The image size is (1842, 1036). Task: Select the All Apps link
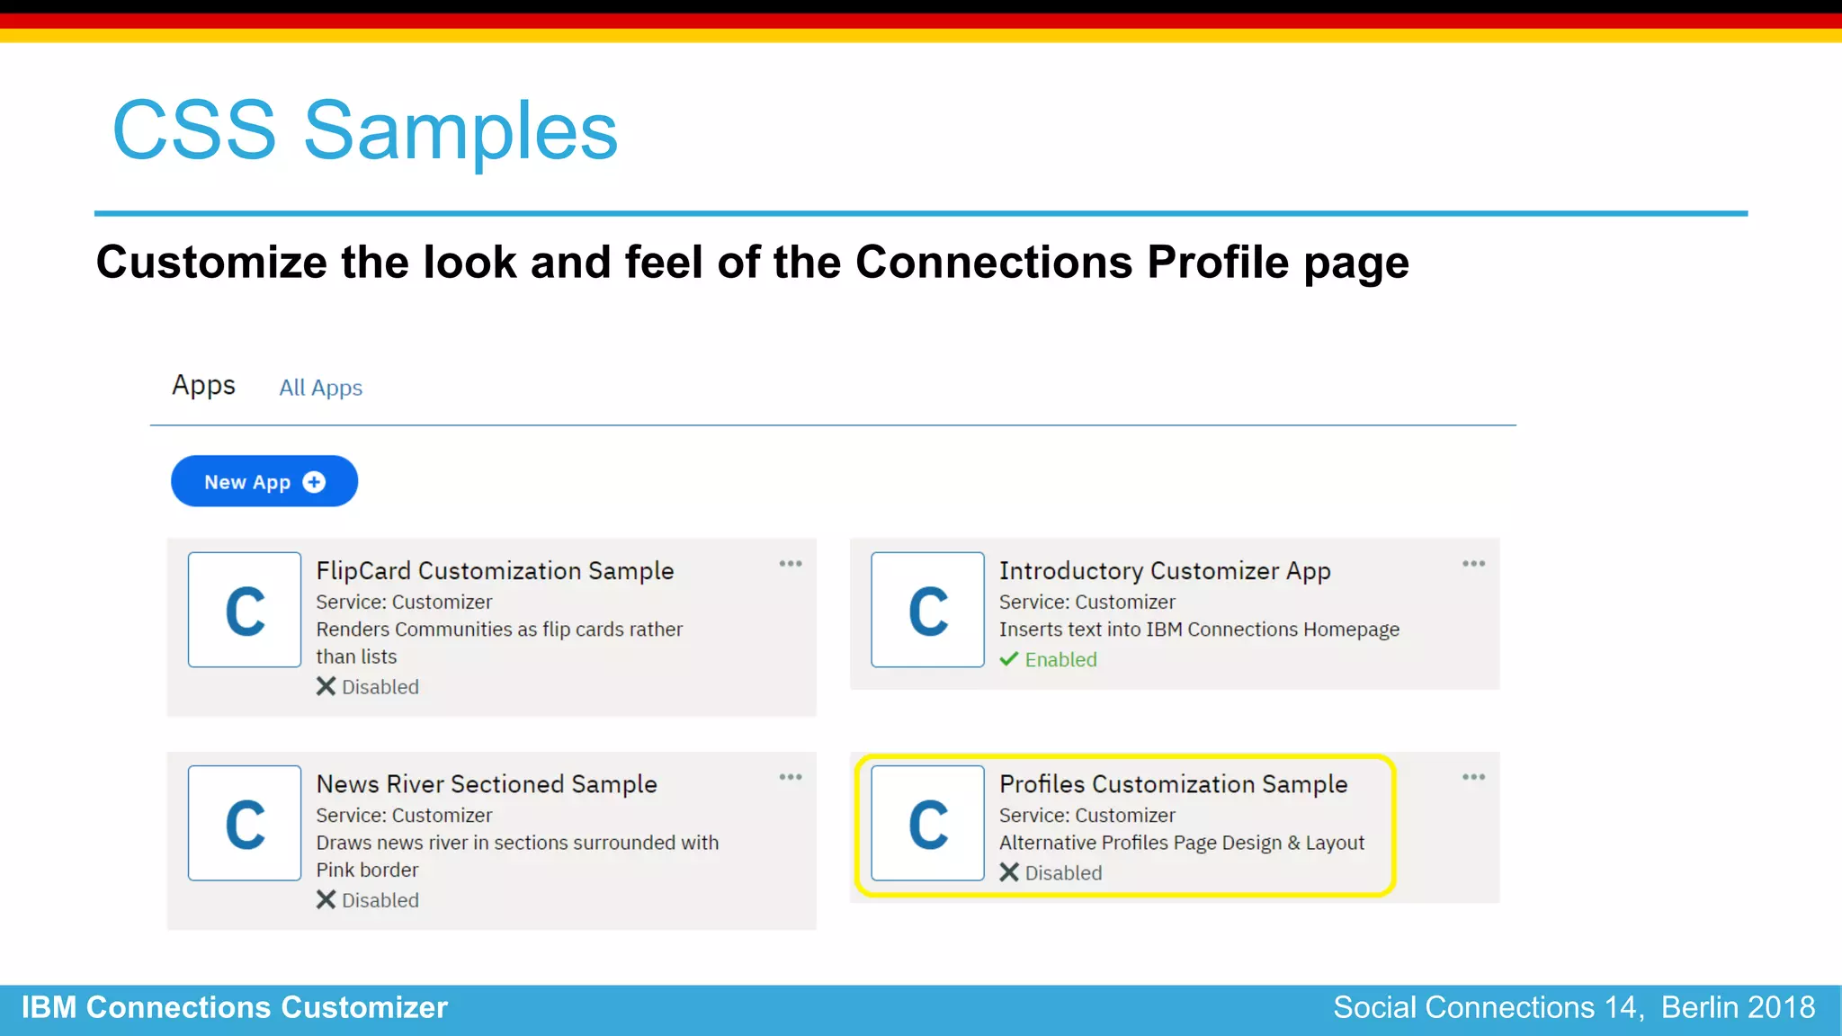(320, 388)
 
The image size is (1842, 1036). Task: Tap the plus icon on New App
(314, 482)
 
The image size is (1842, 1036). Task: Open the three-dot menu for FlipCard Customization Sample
(790, 564)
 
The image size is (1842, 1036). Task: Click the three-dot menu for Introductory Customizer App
(1473, 564)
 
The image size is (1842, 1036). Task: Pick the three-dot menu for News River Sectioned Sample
(790, 777)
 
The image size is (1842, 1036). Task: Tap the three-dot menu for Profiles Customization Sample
(1473, 777)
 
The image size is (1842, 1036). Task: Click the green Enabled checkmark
(1009, 659)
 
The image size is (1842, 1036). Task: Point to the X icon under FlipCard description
(326, 687)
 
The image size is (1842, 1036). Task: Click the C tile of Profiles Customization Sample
(927, 823)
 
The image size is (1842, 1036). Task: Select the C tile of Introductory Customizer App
(927, 610)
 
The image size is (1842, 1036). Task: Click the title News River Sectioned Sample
(487, 784)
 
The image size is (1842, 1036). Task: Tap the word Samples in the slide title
(460, 131)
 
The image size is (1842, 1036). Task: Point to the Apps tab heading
(203, 385)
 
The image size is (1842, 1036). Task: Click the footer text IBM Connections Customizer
(234, 1007)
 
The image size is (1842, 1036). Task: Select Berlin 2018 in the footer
(1738, 1007)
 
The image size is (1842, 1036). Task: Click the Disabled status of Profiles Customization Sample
(1062, 873)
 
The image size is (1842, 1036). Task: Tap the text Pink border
(367, 870)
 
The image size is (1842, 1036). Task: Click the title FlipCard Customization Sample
(495, 571)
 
